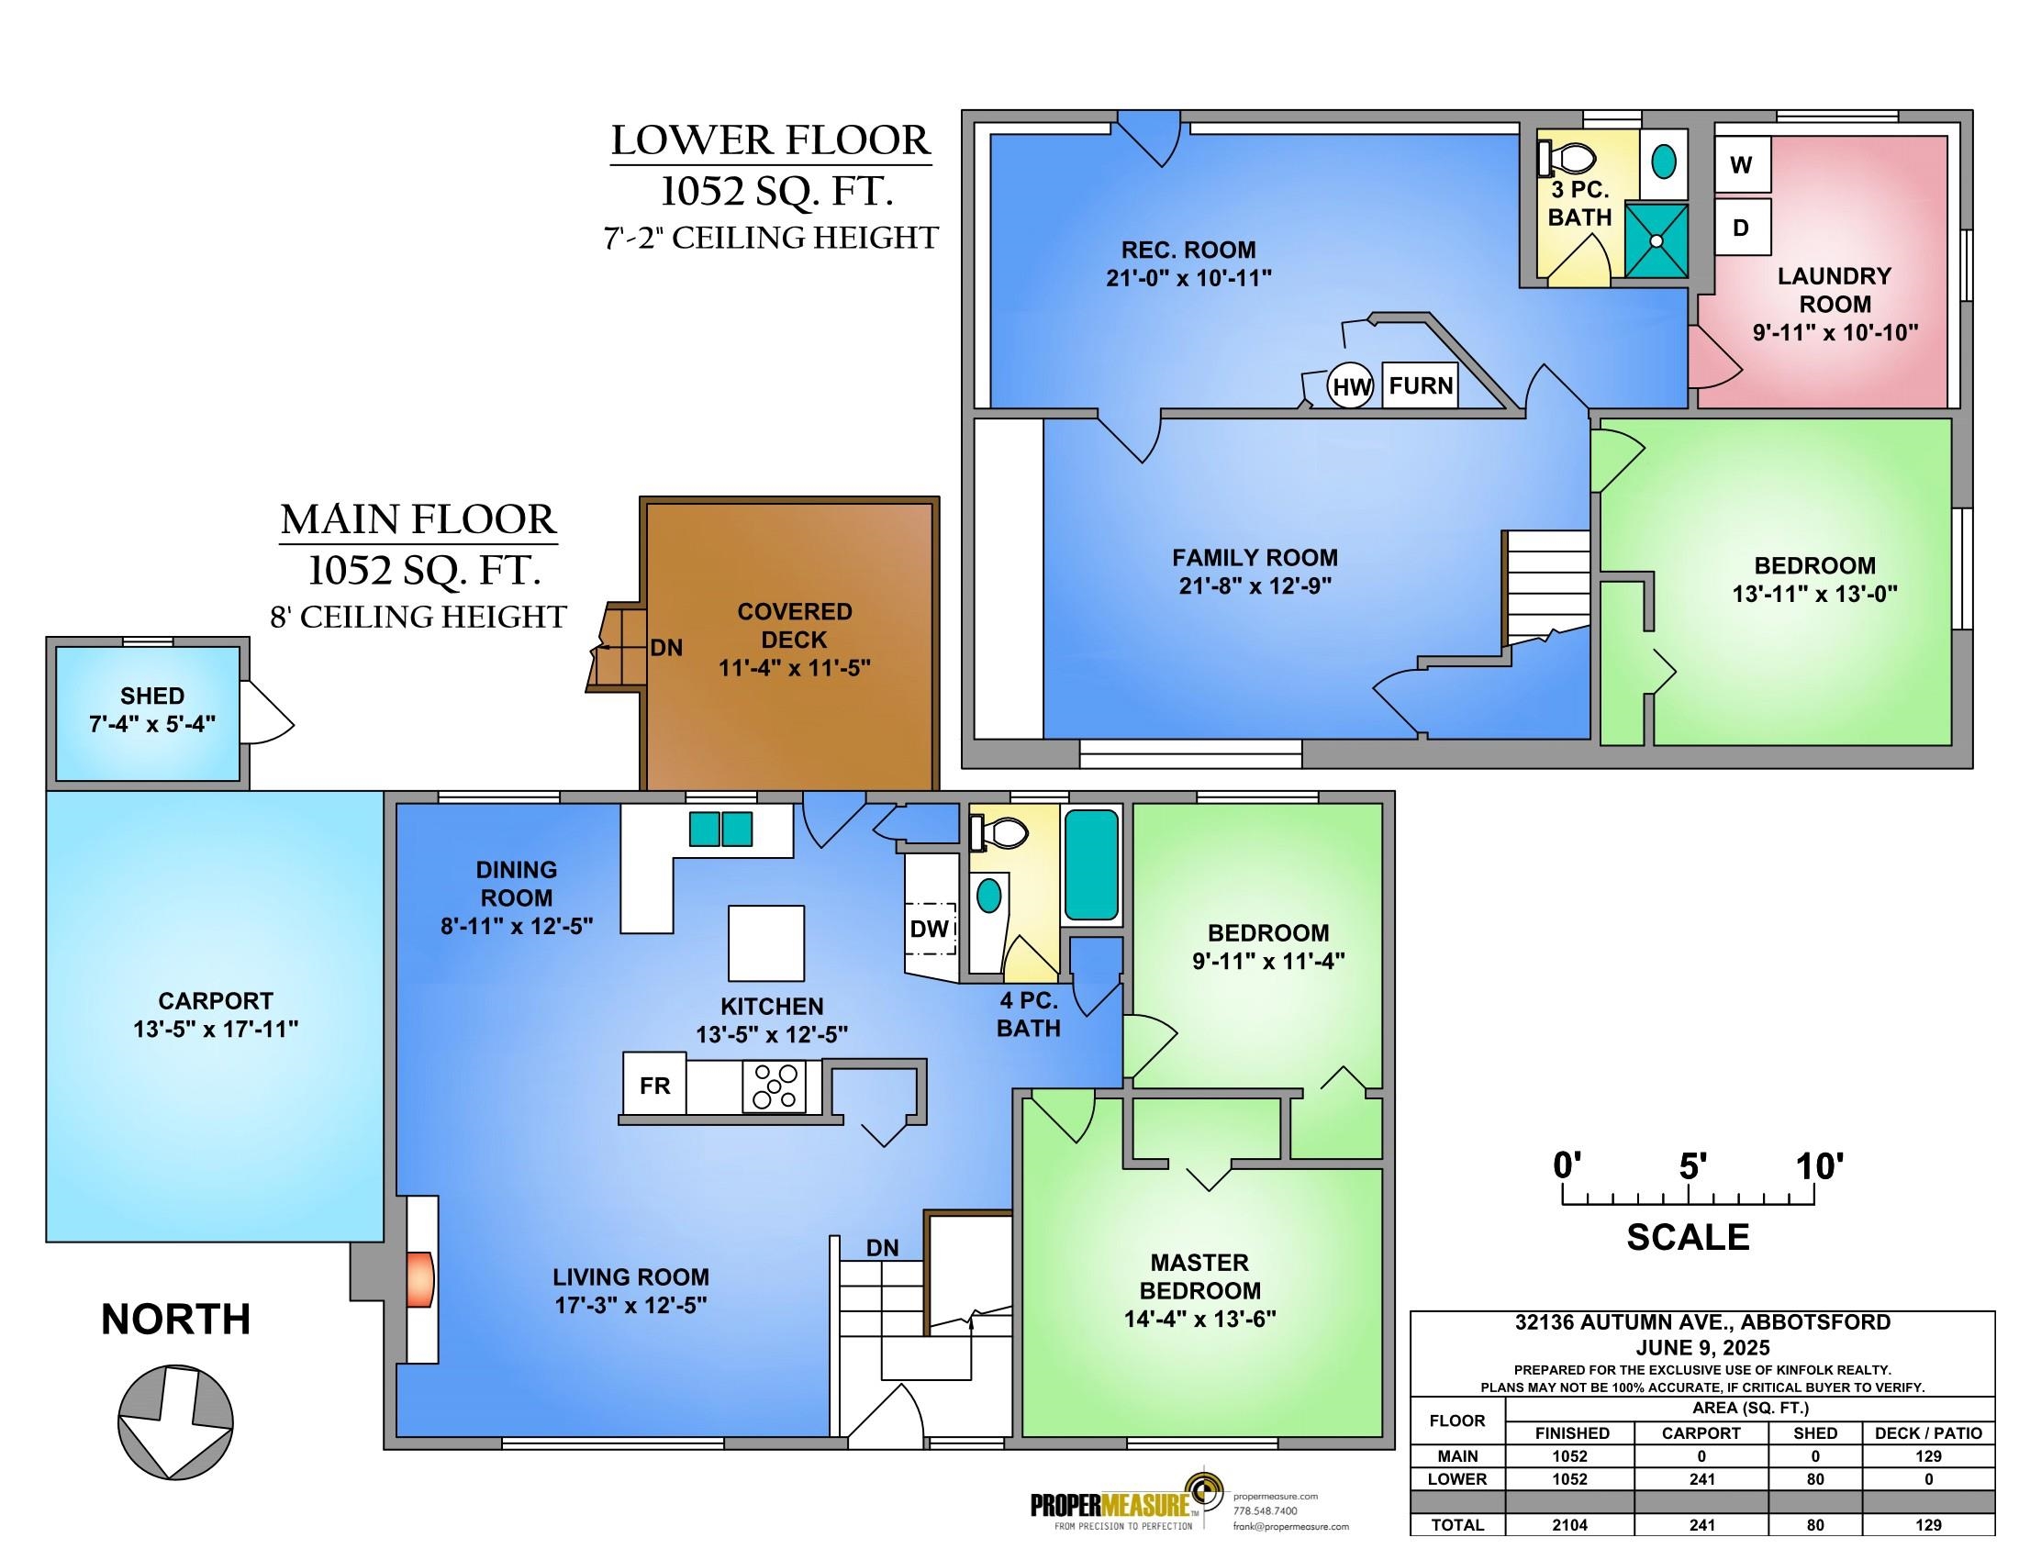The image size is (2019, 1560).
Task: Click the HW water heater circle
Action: (1351, 386)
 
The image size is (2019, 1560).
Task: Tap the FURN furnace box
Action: (1420, 385)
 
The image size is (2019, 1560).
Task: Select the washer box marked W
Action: (1742, 164)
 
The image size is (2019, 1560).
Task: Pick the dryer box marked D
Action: (1742, 227)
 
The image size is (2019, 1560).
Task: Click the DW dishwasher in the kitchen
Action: (930, 929)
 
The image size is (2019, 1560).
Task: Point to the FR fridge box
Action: (655, 1085)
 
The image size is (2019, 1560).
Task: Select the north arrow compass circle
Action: (175, 1421)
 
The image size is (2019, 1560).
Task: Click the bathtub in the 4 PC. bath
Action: (1092, 864)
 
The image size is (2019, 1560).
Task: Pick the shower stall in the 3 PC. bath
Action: (1656, 240)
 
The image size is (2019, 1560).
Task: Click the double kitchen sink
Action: (721, 829)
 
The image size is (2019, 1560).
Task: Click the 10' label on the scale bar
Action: (1819, 1166)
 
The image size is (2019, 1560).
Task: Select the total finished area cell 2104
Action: (1569, 1525)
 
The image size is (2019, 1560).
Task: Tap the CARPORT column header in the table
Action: (1701, 1432)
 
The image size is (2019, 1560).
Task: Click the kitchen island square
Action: (766, 942)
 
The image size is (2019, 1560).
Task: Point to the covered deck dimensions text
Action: (795, 667)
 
